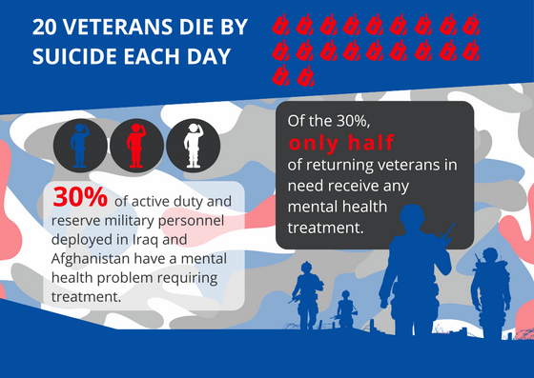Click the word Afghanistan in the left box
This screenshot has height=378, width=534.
(98, 255)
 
